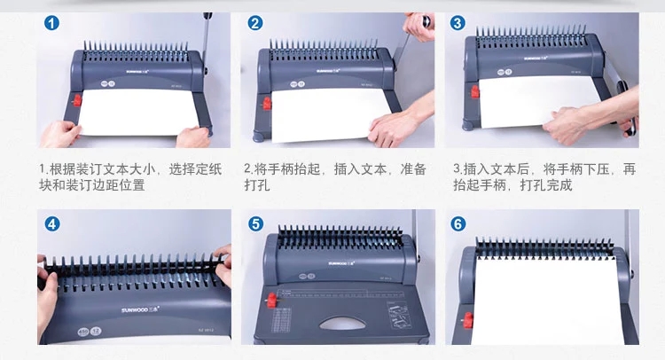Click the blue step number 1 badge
click(51, 23)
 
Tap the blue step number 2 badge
click(255, 23)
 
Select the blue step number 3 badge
click(458, 23)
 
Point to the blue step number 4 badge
click(52, 223)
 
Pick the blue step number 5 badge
click(255, 223)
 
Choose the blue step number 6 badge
click(458, 223)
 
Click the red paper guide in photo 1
click(77, 100)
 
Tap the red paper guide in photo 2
click(267, 103)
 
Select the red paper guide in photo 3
click(475, 91)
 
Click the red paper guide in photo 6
click(468, 320)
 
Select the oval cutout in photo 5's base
click(342, 324)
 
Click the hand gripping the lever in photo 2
click(419, 27)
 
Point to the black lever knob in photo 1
click(207, 16)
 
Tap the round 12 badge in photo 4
click(96, 331)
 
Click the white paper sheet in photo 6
click(546, 301)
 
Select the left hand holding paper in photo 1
click(60, 134)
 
